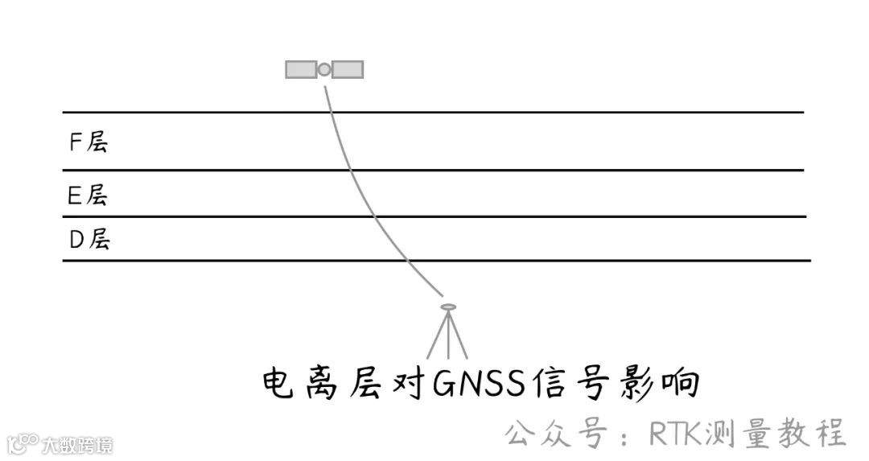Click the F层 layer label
[x=88, y=142]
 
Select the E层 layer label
[x=87, y=195]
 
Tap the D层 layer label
[x=89, y=240]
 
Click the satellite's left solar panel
[x=301, y=70]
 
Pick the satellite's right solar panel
[x=348, y=70]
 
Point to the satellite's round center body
[x=324, y=70]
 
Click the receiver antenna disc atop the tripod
[x=448, y=307]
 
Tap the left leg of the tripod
[x=435, y=336]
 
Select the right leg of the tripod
[x=459, y=336]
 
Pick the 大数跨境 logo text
[x=77, y=444]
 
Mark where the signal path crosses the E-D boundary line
[x=377, y=216]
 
